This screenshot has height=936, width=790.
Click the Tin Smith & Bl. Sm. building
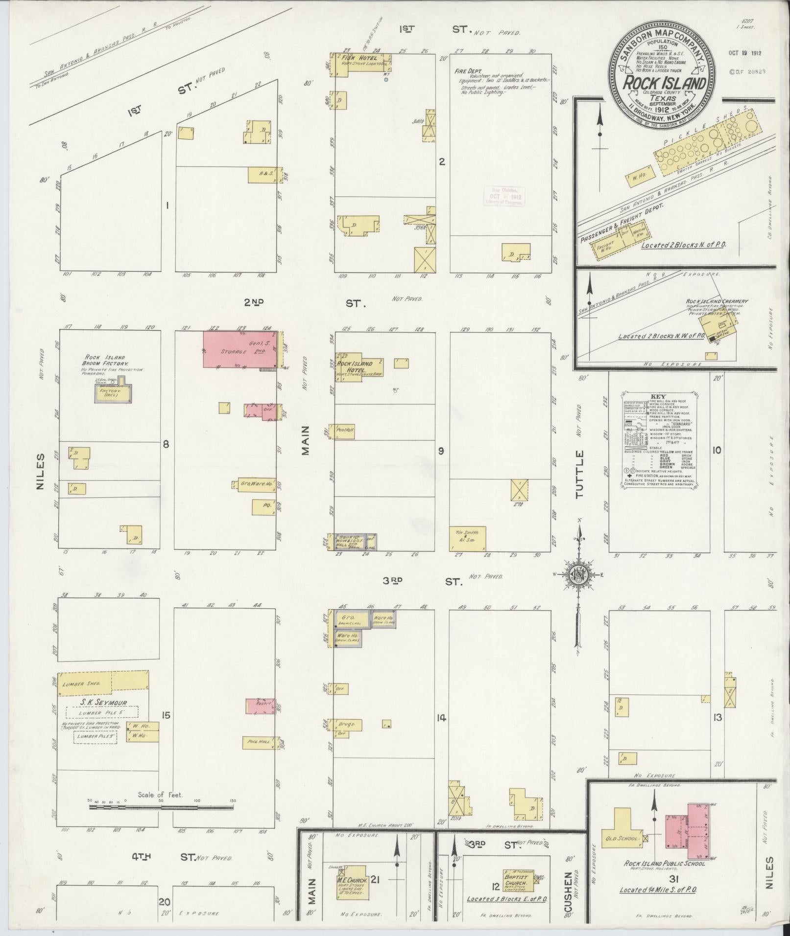pos(468,538)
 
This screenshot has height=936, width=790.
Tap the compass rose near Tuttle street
pos(578,576)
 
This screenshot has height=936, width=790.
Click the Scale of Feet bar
pos(162,807)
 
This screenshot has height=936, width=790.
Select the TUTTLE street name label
pos(581,474)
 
